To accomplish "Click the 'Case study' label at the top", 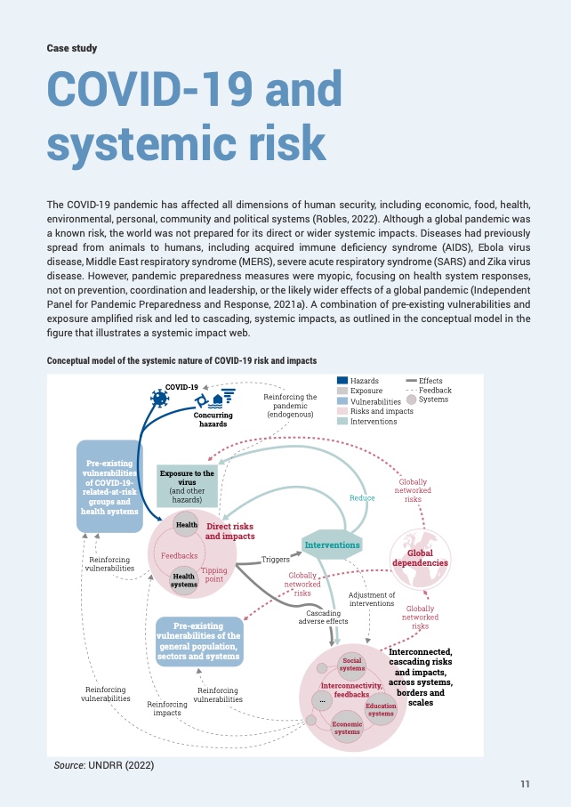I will (x=71, y=48).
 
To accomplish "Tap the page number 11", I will (x=525, y=784).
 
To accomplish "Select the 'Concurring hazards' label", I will (x=213, y=419).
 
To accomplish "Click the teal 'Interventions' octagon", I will (x=332, y=545).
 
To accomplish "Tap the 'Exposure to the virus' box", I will (x=187, y=485).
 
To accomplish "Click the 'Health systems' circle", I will (x=184, y=580).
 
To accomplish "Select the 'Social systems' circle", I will (x=353, y=665).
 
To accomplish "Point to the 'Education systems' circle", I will (x=381, y=709).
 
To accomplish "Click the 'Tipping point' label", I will (x=214, y=575).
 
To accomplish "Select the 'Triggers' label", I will (x=276, y=560).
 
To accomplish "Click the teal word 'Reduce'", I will (x=362, y=498).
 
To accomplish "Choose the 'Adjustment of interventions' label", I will (x=372, y=599).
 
